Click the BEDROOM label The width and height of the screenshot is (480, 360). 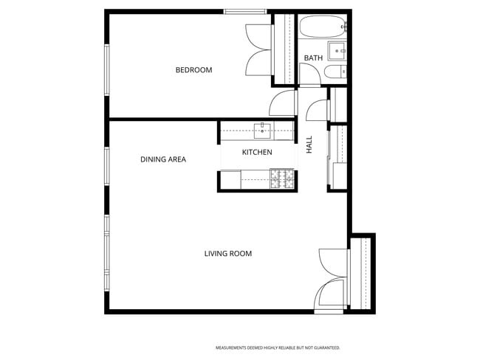tap(193, 70)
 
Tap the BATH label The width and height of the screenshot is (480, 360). tap(313, 58)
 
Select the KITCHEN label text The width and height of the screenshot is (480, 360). tap(257, 152)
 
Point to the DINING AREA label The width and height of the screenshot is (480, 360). tap(163, 159)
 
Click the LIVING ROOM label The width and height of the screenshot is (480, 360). tap(228, 254)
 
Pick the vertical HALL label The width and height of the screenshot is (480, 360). tap(309, 145)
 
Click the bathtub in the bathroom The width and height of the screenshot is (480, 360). tap(322, 27)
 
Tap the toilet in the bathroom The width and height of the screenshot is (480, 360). tap(334, 72)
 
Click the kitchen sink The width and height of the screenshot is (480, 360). tap(263, 131)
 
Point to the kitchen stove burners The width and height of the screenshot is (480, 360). tap(283, 177)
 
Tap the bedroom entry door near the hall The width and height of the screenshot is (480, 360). tap(284, 104)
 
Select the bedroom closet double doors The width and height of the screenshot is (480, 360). tap(259, 50)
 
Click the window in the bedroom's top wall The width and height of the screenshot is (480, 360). tap(246, 11)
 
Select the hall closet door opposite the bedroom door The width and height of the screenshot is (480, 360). tap(318, 108)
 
